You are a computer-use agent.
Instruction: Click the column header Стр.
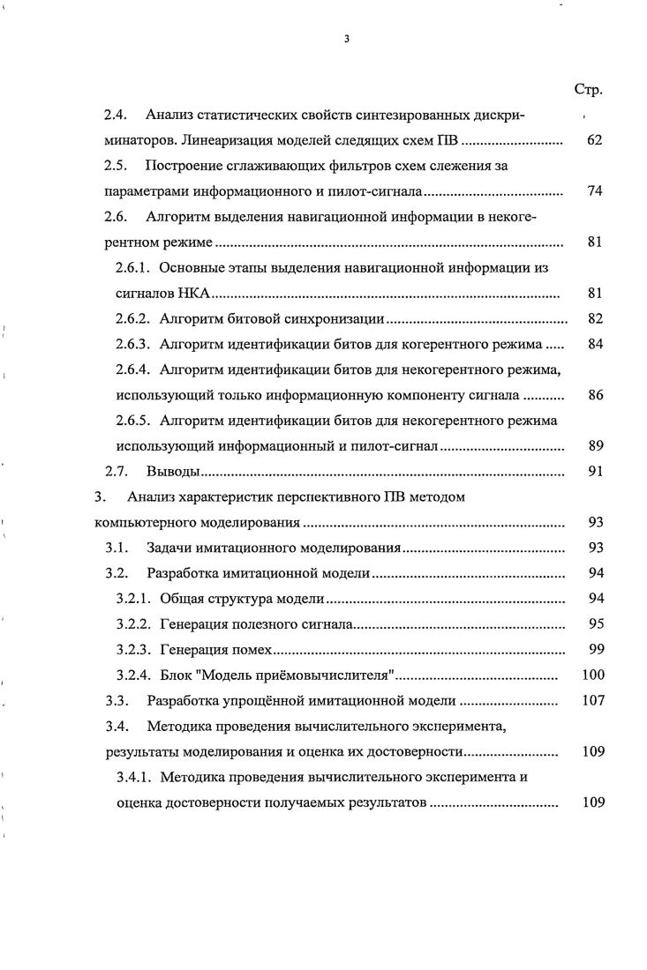(x=589, y=90)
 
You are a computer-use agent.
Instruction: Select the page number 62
(x=594, y=140)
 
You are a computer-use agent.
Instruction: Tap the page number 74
(x=594, y=190)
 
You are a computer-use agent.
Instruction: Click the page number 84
(x=594, y=344)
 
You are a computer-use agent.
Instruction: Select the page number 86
(x=594, y=395)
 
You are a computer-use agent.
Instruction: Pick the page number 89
(x=594, y=446)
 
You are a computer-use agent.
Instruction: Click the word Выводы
(x=175, y=472)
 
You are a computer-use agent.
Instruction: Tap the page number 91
(x=594, y=472)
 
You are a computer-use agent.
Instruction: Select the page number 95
(x=594, y=624)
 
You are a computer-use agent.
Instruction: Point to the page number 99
(x=594, y=650)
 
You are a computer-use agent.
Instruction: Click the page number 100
(x=591, y=675)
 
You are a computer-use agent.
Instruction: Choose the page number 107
(x=591, y=701)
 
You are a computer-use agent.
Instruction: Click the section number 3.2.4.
(x=134, y=675)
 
